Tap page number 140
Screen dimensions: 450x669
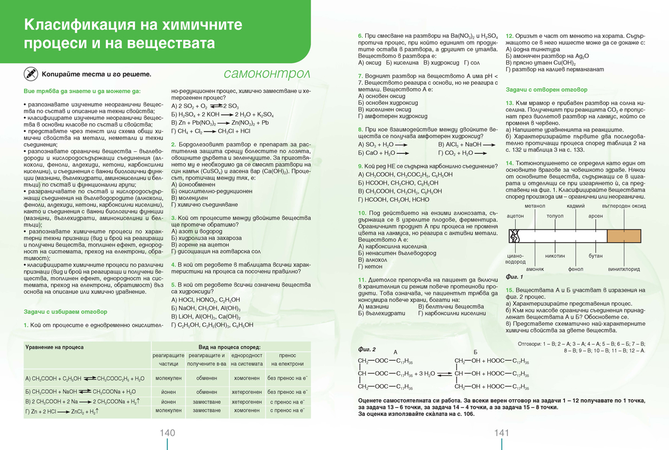pos(167,433)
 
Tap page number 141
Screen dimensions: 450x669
pos(502,433)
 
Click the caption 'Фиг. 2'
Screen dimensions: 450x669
pos(367,349)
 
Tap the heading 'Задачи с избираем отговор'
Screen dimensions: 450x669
pos(65,312)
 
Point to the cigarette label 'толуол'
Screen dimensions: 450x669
pos(555,215)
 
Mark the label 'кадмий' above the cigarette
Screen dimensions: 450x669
pos(575,206)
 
